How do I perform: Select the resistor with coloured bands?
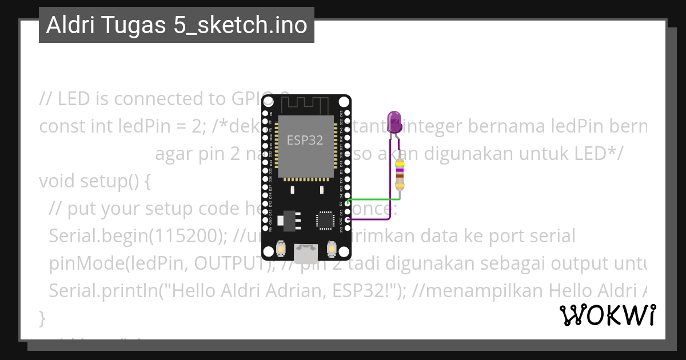click(x=400, y=174)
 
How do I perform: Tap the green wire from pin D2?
click(x=372, y=199)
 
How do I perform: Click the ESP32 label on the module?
click(x=305, y=140)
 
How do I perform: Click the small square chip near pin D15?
click(x=324, y=219)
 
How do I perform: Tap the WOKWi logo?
click(x=607, y=315)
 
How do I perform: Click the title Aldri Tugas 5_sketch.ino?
click(x=176, y=25)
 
